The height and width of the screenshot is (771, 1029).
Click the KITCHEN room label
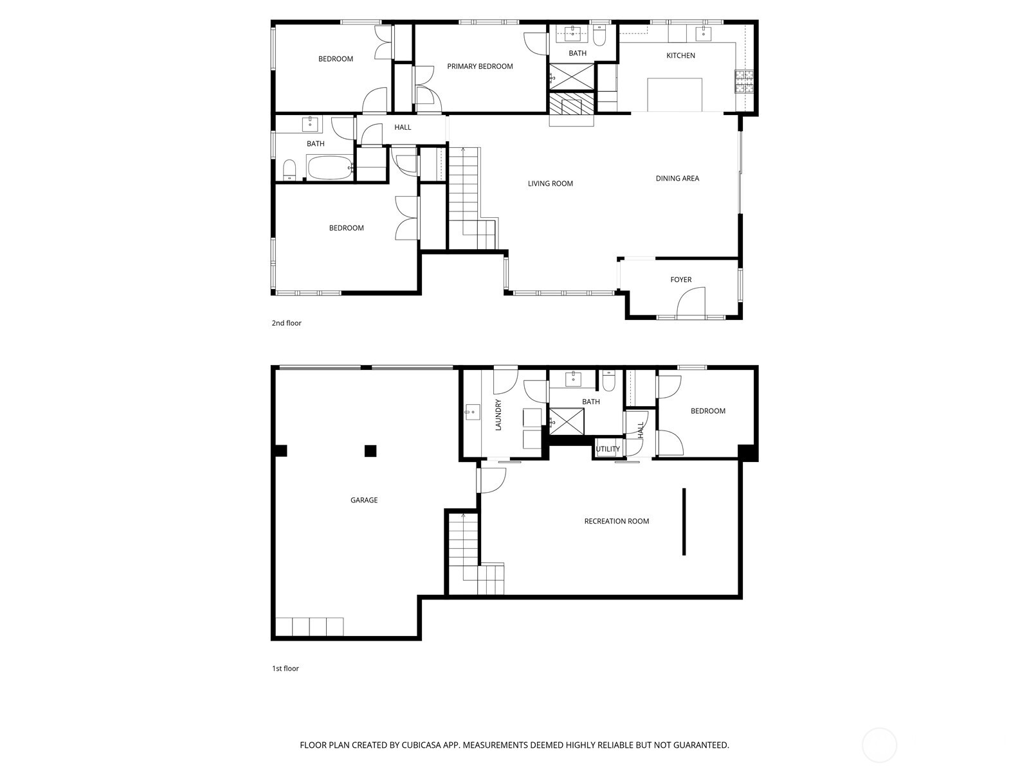[x=680, y=56]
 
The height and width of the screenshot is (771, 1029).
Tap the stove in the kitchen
[x=744, y=82]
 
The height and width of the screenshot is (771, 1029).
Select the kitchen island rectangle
[x=675, y=95]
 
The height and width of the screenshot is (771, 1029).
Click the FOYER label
[x=680, y=280]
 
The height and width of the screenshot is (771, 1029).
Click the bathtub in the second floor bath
[x=329, y=168]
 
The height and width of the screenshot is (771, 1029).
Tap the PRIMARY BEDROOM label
[x=480, y=67]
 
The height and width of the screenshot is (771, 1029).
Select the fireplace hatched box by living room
[x=572, y=104]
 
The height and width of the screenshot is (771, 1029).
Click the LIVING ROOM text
[x=550, y=184]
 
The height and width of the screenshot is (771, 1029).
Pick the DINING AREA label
[x=677, y=179]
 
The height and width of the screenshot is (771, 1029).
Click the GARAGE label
[x=364, y=501]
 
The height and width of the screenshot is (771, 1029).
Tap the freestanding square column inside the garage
[x=370, y=451]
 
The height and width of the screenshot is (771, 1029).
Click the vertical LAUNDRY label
[x=498, y=415]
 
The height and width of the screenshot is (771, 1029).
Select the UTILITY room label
[x=608, y=449]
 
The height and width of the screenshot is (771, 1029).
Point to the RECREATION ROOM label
[x=616, y=522]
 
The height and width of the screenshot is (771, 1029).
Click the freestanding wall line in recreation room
[x=684, y=521]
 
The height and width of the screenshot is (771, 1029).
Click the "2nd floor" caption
[x=286, y=323]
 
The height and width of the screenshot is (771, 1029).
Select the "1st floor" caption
[x=285, y=669]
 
